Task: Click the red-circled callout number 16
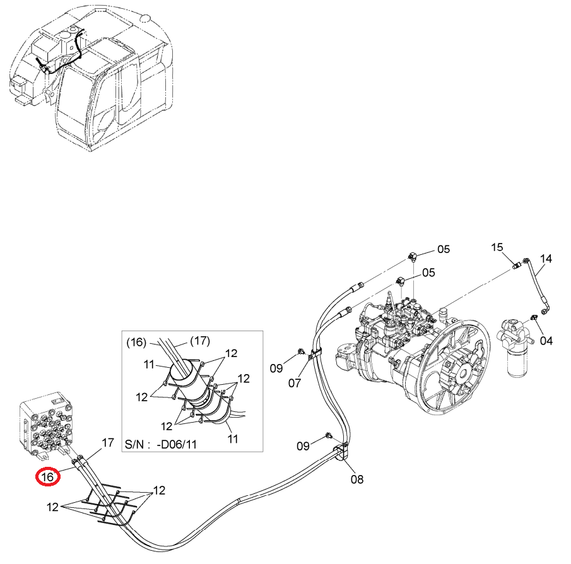(x=48, y=476)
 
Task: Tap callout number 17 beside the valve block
(x=108, y=443)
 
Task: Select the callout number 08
(x=357, y=479)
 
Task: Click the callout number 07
(x=295, y=383)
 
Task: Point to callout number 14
(x=546, y=259)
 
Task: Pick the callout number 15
(x=497, y=247)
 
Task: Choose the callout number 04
(x=546, y=341)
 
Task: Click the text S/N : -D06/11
(x=161, y=444)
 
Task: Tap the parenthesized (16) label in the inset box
(x=136, y=343)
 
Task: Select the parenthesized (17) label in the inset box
(x=200, y=341)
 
